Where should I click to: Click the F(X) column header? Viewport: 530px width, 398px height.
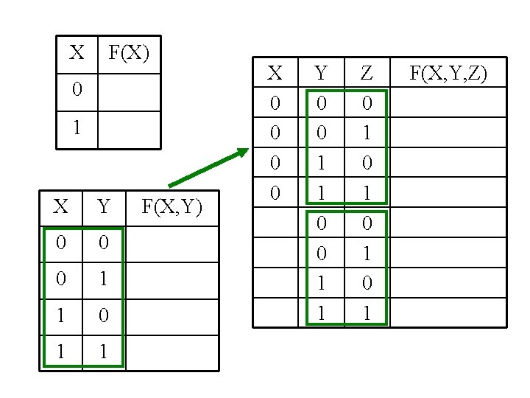click(129, 53)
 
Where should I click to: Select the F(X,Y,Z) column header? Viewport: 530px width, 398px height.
click(448, 73)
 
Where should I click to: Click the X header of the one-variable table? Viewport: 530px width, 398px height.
click(77, 53)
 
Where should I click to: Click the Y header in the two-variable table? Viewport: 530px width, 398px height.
click(104, 207)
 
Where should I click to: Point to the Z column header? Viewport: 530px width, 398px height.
click(367, 73)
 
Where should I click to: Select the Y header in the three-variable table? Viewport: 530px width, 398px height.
click(320, 73)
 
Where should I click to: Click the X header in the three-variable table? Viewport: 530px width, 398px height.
click(275, 73)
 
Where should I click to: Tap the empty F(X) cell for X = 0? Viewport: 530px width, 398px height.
click(129, 91)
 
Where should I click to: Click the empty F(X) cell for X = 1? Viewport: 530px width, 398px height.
click(129, 130)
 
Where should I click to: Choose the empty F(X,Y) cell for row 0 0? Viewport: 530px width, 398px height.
click(172, 243)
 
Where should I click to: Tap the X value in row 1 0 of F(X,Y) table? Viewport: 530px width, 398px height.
click(62, 316)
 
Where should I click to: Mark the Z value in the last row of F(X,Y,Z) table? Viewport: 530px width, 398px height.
click(367, 313)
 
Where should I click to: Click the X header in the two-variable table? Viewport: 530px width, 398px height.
click(61, 207)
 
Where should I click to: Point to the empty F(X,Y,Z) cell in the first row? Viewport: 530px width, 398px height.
click(448, 102)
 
